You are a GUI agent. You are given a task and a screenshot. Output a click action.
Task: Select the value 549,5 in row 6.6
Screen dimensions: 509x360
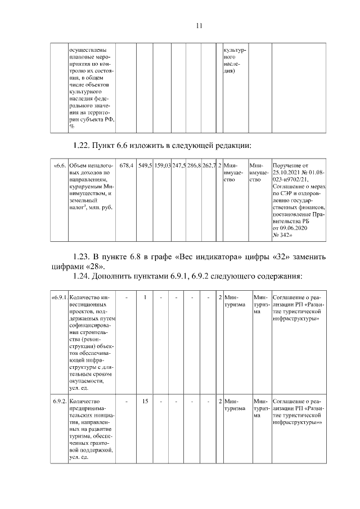(x=146, y=166)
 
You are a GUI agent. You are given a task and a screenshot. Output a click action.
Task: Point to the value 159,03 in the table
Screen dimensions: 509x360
(x=163, y=166)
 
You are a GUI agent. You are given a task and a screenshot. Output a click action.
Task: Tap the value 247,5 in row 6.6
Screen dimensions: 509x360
(x=179, y=166)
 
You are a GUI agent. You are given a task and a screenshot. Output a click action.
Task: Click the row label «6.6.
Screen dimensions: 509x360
(x=60, y=166)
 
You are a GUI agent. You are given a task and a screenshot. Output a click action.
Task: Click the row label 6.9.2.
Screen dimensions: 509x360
(x=60, y=402)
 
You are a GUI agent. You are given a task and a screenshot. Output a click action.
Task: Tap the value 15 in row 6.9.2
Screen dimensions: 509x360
(x=145, y=402)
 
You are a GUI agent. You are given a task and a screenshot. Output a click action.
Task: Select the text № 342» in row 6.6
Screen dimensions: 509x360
(x=284, y=236)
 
